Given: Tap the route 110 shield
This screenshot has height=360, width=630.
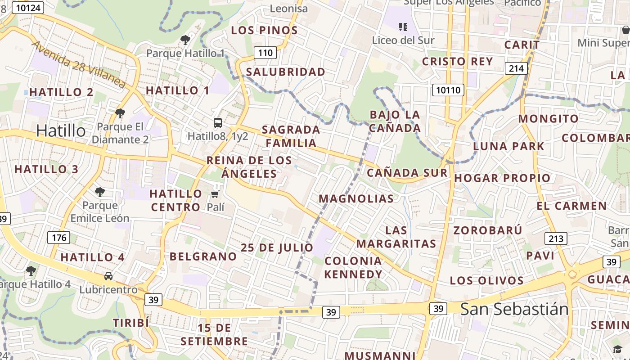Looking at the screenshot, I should click(265, 53).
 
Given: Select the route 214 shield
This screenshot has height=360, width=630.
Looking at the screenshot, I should click(516, 68).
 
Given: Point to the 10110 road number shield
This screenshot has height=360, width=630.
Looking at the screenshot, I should click(448, 90).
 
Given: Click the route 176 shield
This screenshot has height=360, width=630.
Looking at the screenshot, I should click(58, 238).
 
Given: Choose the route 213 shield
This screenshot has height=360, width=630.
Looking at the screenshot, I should click(555, 238).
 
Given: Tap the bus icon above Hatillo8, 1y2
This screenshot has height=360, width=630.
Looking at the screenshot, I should click(218, 122).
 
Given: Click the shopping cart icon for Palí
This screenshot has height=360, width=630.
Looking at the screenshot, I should click(215, 194).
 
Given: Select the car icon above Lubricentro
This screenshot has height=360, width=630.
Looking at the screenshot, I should click(108, 276).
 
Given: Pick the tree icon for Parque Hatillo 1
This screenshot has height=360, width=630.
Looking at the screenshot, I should click(185, 40).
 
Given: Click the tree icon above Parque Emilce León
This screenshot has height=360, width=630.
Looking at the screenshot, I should click(100, 192).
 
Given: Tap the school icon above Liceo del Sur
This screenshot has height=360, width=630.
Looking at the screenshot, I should click(403, 27).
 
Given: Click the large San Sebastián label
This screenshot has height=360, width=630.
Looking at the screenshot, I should click(514, 309).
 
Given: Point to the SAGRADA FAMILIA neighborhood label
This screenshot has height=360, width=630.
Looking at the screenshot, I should click(291, 136).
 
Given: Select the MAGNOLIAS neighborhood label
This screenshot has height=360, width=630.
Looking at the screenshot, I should click(356, 198).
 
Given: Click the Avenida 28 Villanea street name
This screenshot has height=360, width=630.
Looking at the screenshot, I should click(79, 64).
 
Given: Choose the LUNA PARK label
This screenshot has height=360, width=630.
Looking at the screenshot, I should click(508, 146).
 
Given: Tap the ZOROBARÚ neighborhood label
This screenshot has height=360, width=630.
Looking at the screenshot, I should click(487, 230).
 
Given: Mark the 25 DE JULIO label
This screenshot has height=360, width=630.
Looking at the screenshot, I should click(277, 247).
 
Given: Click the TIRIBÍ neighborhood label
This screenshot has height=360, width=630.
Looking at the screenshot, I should click(130, 323).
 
